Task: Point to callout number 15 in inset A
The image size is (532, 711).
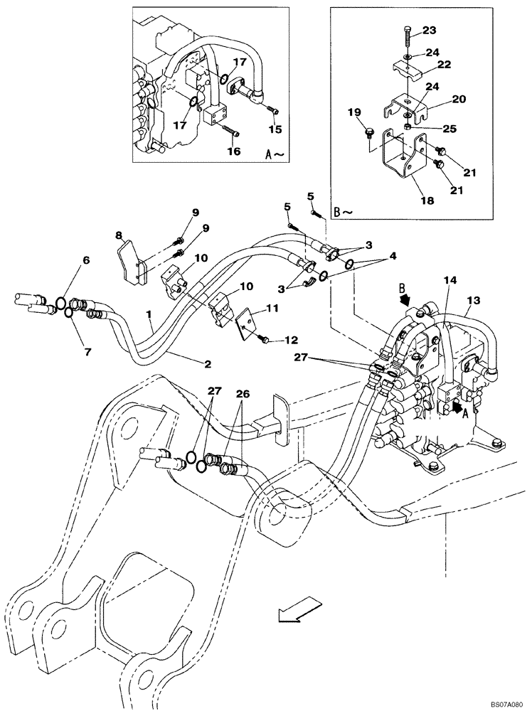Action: click(x=275, y=129)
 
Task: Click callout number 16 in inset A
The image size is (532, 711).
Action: click(x=233, y=151)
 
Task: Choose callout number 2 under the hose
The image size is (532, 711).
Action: click(x=208, y=365)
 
